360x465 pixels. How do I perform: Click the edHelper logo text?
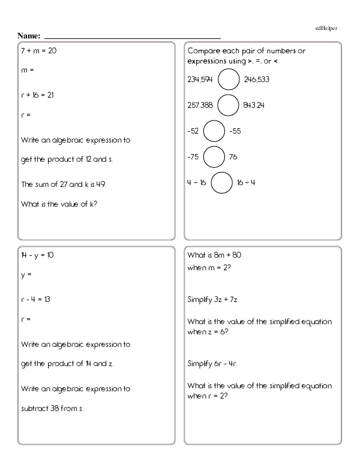pos(325,28)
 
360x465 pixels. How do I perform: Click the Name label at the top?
pos(29,37)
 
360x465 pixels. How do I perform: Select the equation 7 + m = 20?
pos(39,51)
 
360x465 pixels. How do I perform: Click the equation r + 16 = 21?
pos(38,95)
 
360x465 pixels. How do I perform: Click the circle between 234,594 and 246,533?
pos(229,79)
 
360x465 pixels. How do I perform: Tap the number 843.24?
pos(254,105)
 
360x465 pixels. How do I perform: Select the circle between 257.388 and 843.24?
pos(228,105)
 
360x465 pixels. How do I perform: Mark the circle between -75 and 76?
pos(214,157)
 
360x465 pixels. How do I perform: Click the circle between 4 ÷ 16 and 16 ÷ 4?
pos(221,183)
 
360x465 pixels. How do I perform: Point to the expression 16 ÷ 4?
pos(246,183)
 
